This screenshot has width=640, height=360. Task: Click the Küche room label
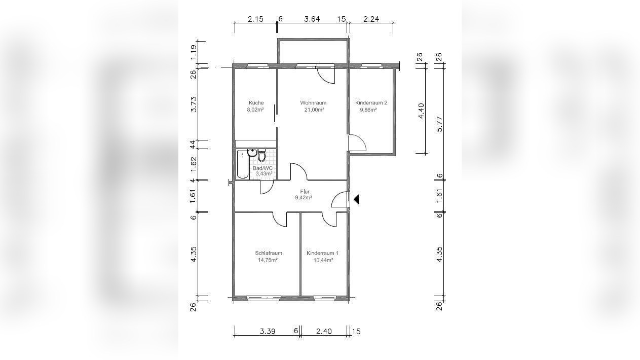point(256,102)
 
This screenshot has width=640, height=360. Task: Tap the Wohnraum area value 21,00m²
point(314,110)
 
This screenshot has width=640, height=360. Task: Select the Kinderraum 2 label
point(371,102)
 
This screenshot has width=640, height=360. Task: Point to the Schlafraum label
point(268,253)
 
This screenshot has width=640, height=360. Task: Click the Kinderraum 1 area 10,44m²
point(323,260)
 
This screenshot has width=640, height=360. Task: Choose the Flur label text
point(305,192)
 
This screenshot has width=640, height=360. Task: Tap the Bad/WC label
point(262,168)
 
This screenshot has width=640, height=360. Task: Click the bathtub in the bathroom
point(243,165)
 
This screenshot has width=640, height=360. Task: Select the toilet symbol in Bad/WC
point(261,156)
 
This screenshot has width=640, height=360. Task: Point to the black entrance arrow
point(356,199)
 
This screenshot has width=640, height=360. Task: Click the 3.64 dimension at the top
point(312,19)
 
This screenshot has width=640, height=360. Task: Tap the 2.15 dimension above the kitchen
point(255,19)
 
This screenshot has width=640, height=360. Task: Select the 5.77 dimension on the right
point(439,124)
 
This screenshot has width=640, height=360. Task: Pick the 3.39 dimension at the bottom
point(268,331)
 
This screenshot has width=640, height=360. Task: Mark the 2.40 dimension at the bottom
point(324,331)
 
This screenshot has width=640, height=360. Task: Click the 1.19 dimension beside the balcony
point(194,52)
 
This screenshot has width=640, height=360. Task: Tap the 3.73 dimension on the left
point(194,104)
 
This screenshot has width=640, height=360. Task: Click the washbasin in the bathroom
point(252,153)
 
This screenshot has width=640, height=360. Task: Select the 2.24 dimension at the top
point(371,19)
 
